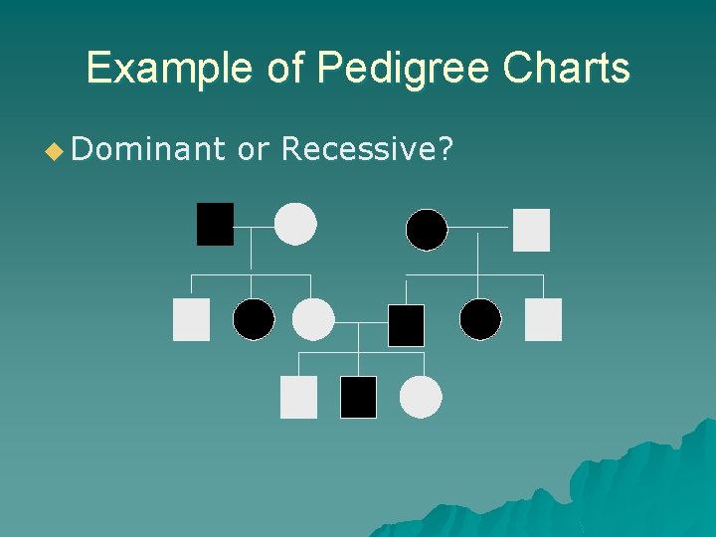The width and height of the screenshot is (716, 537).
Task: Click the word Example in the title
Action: [x=170, y=69]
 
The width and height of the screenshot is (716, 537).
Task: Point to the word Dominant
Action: [x=149, y=149]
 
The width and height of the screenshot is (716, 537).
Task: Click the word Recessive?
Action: [x=368, y=149]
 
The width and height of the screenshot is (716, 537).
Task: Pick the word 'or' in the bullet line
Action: [x=255, y=149]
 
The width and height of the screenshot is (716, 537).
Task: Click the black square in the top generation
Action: [x=215, y=224]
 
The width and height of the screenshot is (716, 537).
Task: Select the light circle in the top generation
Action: [x=295, y=224]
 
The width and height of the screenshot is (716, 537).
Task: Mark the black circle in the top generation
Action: [x=427, y=230]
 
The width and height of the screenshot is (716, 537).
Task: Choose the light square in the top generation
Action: [x=531, y=230]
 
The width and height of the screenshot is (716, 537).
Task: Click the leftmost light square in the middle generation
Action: [x=191, y=319]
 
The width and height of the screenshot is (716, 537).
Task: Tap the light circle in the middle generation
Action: [x=313, y=319]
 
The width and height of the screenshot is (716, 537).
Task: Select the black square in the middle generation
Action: [x=406, y=325]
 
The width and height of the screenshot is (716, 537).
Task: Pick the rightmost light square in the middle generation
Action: [x=543, y=319]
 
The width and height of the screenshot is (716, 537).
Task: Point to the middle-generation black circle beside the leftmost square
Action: [x=254, y=319]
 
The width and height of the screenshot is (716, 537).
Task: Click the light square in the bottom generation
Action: [x=298, y=397]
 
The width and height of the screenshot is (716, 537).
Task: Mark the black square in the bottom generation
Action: [x=358, y=397]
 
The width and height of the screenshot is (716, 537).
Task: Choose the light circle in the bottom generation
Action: [x=421, y=397]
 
